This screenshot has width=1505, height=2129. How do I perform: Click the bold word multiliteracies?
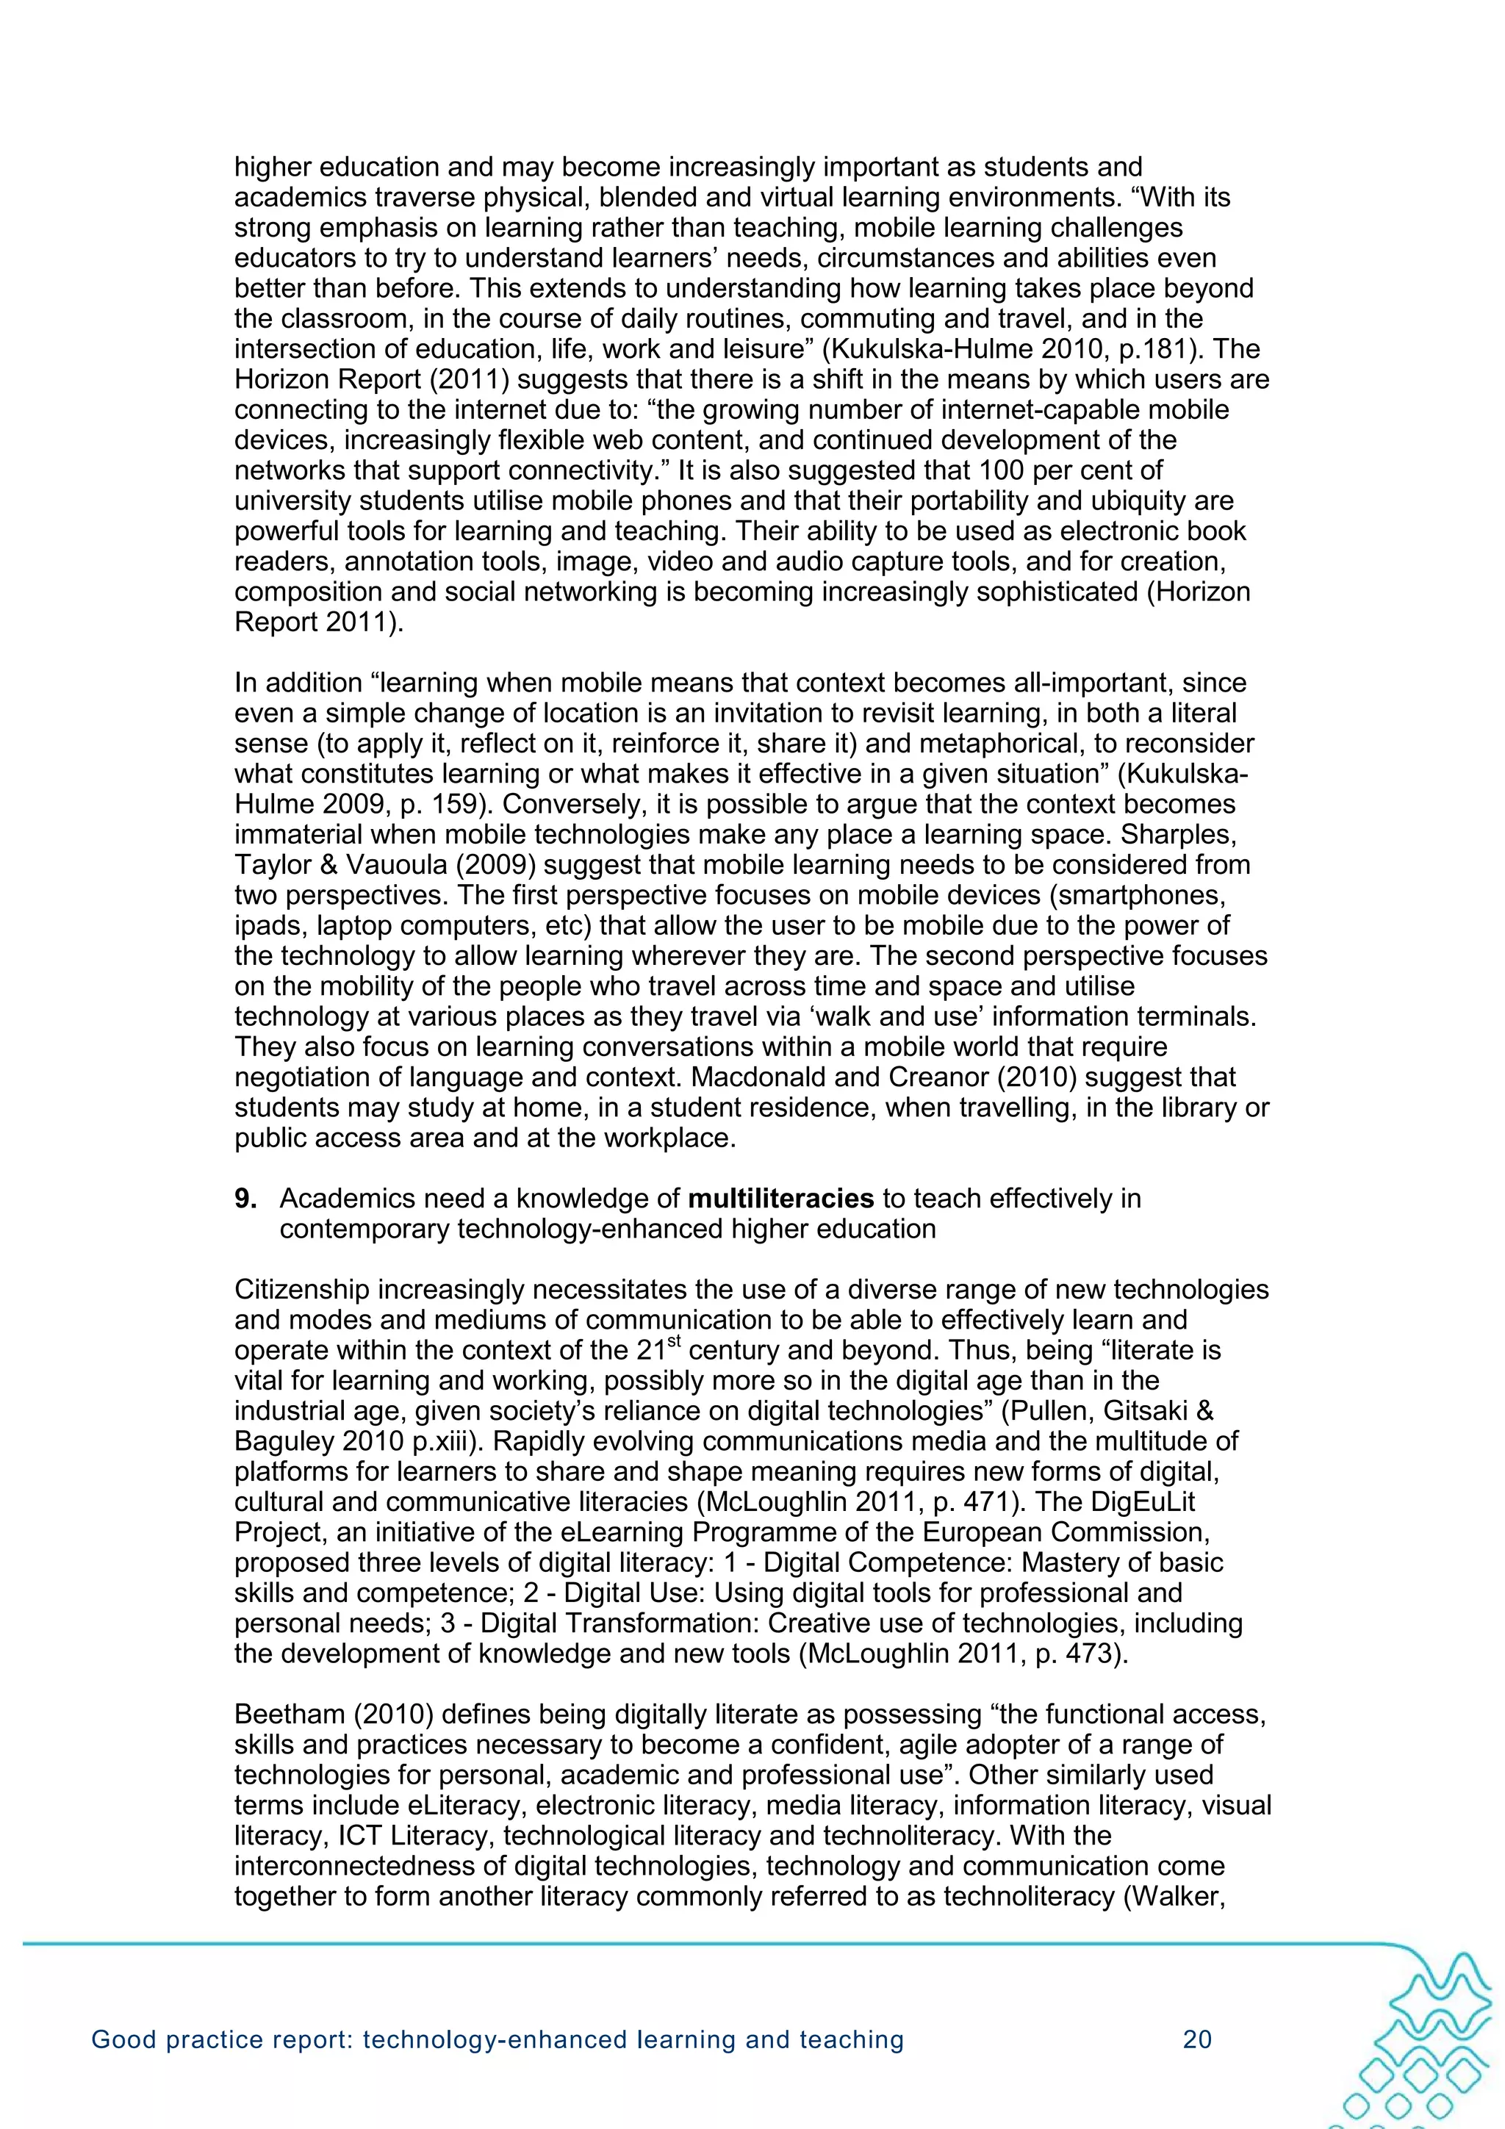coord(780,1198)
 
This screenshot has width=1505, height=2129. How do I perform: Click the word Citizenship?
coord(306,1289)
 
